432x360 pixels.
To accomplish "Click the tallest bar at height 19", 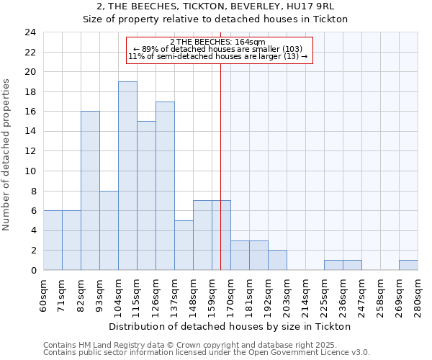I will pos(127,176).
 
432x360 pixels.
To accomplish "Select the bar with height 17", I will pos(165,186).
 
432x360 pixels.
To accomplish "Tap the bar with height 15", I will pos(146,196).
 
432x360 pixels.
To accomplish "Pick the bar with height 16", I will pos(90,191).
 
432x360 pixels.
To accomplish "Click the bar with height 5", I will pos(184,245).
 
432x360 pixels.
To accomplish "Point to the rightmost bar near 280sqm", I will pos(408,265).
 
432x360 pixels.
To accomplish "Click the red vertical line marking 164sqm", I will pos(220,166).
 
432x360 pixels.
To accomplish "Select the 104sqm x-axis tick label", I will pos(119,294).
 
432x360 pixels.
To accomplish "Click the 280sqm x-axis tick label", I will pos(418,294).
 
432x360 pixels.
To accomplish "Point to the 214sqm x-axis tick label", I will pos(306,294).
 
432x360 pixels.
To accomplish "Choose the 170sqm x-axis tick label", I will pos(231,294).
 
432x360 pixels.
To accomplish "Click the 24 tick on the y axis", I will pos(30,32).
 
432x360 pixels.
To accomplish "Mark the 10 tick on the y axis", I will pos(30,171).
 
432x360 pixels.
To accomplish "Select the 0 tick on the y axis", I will pos(32,271).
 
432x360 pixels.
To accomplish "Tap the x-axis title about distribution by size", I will pos(230,326).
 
